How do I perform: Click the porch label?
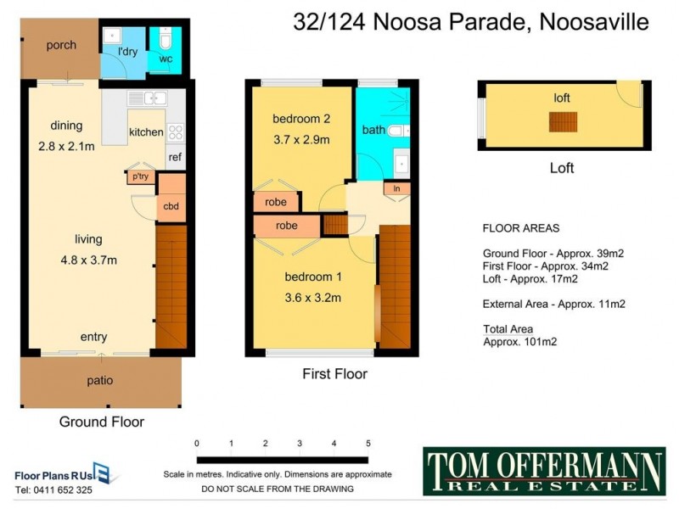tap(61, 45)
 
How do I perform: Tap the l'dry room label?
tap(127, 53)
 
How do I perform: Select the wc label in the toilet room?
tap(166, 59)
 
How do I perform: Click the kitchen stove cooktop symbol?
tap(176, 131)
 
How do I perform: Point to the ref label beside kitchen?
tap(175, 157)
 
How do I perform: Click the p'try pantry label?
tap(140, 176)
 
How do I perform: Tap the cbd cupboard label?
tap(171, 206)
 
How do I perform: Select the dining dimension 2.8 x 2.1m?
tap(66, 145)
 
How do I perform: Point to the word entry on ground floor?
tap(93, 337)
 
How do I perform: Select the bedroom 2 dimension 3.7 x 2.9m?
tap(300, 139)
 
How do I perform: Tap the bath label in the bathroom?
tap(373, 130)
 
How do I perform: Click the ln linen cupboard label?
tap(396, 188)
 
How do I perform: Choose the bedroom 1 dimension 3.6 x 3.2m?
tap(312, 297)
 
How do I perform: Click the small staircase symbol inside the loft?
tap(562, 121)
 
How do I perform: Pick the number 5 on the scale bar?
tap(368, 443)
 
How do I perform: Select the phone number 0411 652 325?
tap(54, 489)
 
